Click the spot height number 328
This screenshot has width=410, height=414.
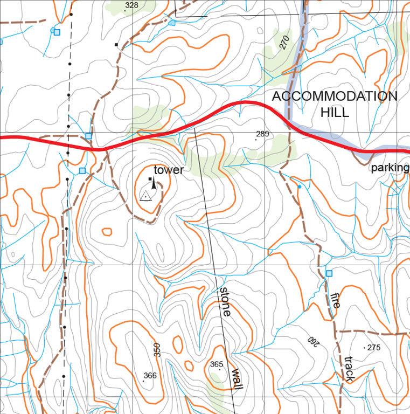131,5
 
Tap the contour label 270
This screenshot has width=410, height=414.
285,42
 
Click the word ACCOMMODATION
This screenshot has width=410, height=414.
334,96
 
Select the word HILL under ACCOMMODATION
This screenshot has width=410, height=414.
335,112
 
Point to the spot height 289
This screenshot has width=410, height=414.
262,134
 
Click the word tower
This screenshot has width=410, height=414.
169,170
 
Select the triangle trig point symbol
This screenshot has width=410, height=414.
145,195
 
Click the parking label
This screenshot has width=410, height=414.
390,168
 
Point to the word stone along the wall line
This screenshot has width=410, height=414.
225,301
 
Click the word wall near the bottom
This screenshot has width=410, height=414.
237,379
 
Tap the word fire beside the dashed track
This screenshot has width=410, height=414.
335,300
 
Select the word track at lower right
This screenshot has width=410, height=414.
349,369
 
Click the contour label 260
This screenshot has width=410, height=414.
313,340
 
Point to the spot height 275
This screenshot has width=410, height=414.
373,348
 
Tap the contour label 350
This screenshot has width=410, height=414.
157,349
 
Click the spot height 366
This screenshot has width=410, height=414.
150,376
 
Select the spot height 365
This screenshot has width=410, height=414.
216,365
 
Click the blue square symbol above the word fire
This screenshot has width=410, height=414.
329,273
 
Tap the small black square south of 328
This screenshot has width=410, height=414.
116,44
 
